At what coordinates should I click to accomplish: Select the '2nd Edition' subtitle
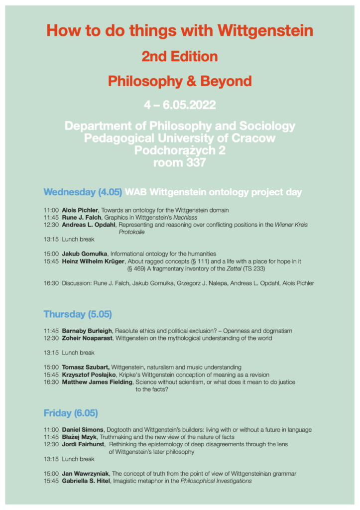click(180, 56)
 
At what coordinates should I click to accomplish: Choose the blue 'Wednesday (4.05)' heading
click(83, 192)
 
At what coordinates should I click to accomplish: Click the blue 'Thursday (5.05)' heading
click(78, 314)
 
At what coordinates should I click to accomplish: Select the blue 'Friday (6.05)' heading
click(71, 413)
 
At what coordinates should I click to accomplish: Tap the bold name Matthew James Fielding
click(97, 382)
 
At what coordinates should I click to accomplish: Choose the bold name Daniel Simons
click(83, 430)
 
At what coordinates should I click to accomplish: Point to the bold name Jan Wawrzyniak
click(85, 474)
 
